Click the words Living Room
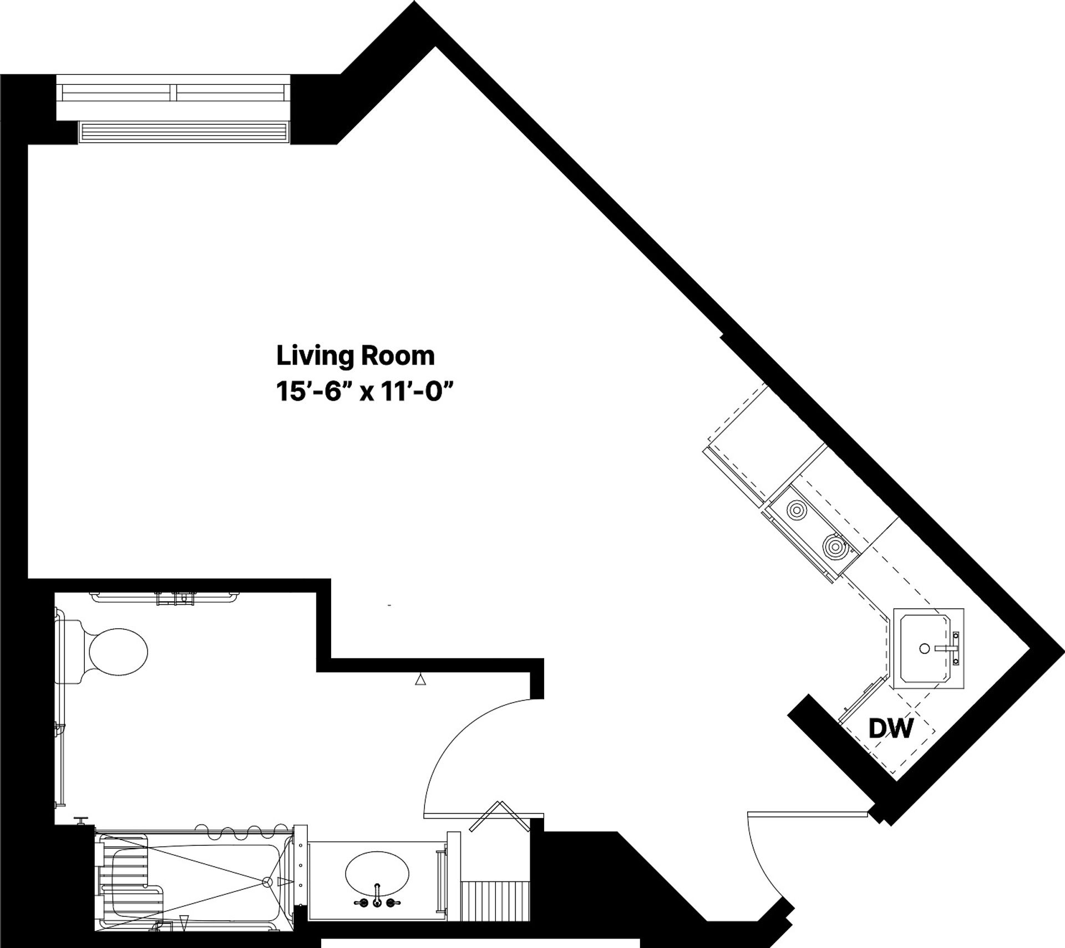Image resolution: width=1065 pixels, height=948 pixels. [355, 356]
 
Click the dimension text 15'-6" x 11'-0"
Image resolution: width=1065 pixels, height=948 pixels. [361, 394]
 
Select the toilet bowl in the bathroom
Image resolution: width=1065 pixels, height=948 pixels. [118, 652]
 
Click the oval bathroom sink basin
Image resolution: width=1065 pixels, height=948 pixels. [377, 873]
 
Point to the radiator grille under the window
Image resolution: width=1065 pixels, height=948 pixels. [184, 132]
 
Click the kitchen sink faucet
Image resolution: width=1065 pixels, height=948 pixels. [947, 648]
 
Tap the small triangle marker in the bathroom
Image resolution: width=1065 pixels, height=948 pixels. [421, 679]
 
